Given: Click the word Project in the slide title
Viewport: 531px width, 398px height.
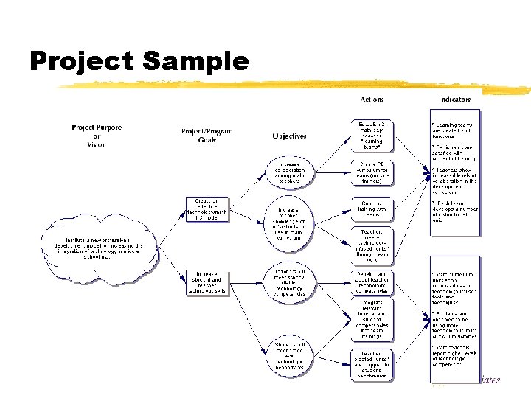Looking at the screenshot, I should (x=81, y=62).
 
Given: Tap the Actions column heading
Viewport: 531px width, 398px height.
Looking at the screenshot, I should (x=372, y=99).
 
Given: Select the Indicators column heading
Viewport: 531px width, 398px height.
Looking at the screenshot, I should (x=455, y=99).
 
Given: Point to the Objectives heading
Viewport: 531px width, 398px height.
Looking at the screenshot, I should (x=289, y=136).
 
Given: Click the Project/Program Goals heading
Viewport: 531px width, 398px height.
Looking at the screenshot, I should (x=202, y=136).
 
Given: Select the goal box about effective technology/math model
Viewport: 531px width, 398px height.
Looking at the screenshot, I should (x=206, y=209).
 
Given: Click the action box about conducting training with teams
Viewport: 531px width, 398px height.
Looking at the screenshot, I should (x=372, y=209).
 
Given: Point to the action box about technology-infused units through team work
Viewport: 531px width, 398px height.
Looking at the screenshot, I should (x=372, y=246).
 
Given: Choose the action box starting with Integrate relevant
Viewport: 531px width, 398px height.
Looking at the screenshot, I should (x=372, y=318).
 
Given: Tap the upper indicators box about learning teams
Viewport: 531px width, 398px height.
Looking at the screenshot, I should (x=455, y=172).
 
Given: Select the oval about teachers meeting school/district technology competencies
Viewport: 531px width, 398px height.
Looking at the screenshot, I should (x=289, y=282).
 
